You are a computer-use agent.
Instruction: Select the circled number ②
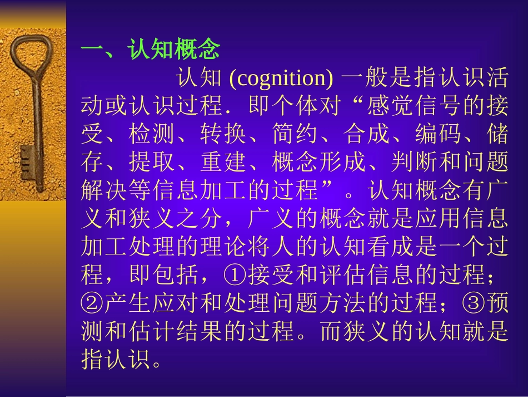pos(91,303)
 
